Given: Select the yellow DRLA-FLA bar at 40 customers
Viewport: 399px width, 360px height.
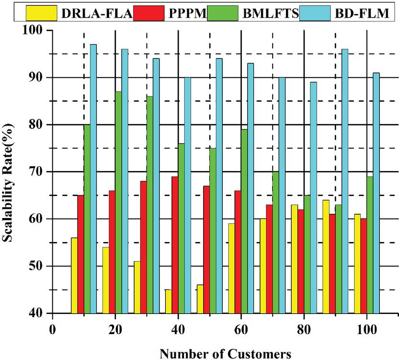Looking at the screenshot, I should coord(169,301).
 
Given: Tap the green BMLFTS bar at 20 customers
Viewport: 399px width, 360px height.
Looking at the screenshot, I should coord(118,202).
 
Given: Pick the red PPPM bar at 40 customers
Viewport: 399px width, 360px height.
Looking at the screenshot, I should coord(175,244).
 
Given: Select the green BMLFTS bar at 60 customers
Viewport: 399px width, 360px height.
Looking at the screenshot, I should coord(244,221).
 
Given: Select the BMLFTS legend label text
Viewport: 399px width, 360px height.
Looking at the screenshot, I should coord(273,13).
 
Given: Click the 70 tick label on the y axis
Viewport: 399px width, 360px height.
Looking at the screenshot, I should coord(34,172).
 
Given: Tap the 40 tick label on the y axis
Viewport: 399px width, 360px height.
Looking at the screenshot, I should coord(34,313).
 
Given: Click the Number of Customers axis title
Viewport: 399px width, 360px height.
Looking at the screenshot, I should coord(225,353).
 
